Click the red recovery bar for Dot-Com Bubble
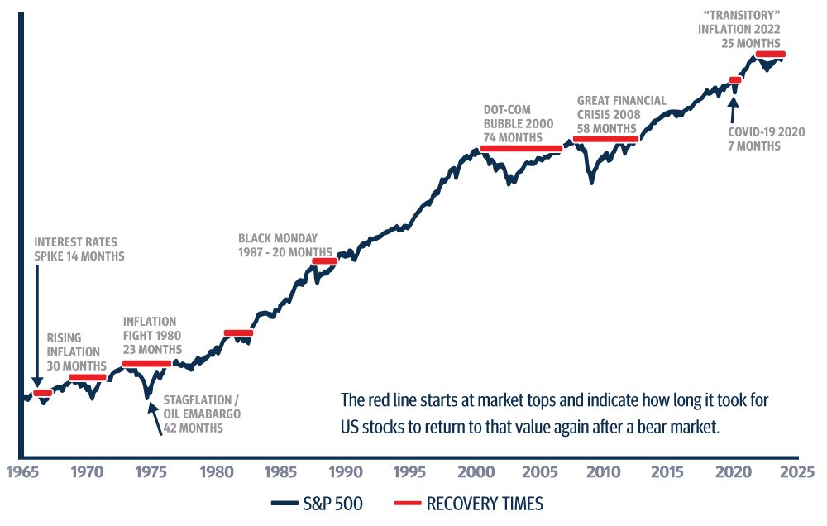click(520, 149)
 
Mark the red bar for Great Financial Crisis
click(605, 139)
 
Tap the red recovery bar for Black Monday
click(324, 261)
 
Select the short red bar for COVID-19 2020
click(734, 80)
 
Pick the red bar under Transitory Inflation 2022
click(770, 55)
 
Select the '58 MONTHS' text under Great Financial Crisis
click(607, 128)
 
